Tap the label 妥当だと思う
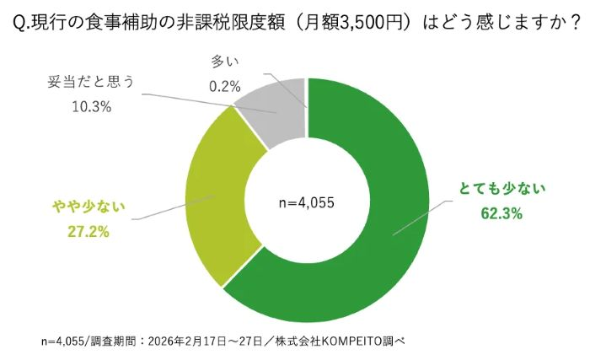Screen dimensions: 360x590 coord(92,83)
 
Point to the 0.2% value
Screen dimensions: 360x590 coord(224,85)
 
